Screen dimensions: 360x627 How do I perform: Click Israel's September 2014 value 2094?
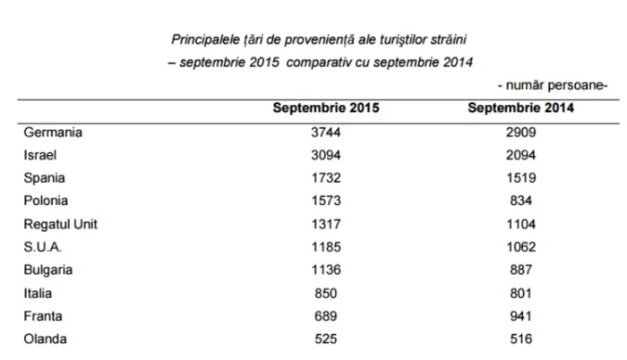pos(520,155)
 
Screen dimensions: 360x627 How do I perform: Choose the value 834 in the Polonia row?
pos(520,201)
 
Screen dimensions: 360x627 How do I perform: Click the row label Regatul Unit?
pos(60,224)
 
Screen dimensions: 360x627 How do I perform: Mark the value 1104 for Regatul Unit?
pos(520,224)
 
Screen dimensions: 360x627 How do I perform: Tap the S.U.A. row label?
pos(44,246)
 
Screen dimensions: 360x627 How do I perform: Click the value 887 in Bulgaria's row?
pos(520,269)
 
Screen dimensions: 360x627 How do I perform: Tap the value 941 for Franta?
pos(520,315)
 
